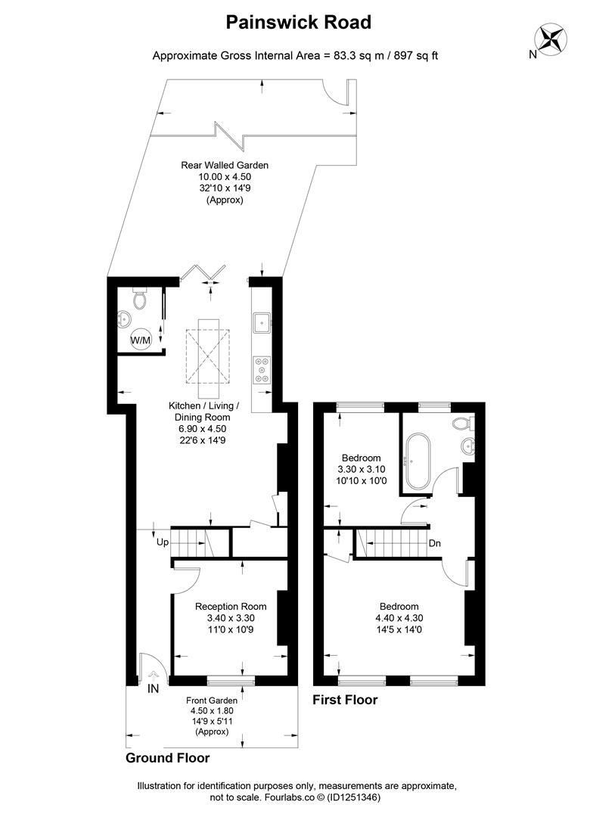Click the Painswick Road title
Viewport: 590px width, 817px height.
298,23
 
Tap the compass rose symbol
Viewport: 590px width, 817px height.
551,39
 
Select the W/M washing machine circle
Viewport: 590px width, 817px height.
140,340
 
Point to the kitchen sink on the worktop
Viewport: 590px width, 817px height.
262,323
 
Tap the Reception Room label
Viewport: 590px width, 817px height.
231,607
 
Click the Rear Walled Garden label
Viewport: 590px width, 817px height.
225,165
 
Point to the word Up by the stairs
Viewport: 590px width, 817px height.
163,542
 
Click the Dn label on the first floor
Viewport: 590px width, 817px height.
435,543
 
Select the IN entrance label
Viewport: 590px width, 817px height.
154,688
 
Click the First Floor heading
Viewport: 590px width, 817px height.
345,700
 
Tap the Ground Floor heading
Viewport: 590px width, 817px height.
168,757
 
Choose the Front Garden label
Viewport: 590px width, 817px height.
212,701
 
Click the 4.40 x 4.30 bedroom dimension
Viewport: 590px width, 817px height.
399,618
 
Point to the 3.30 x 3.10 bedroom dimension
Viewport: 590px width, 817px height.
362,469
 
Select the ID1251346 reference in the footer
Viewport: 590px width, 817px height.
355,797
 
